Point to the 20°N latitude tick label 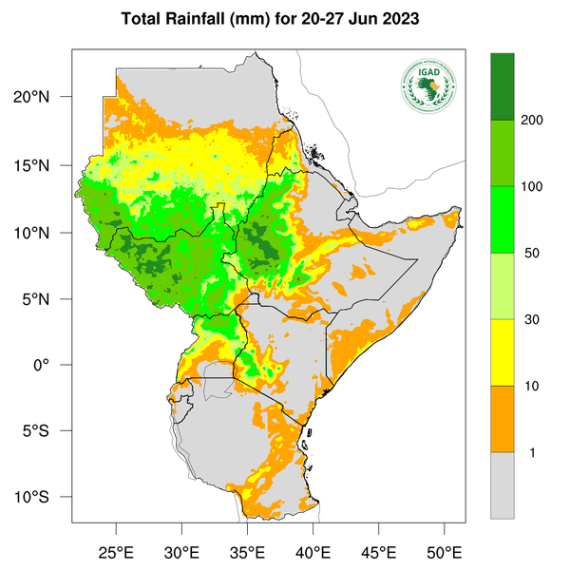click(44, 97)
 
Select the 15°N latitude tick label click(44, 165)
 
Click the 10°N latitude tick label click(44, 233)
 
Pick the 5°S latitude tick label click(47, 431)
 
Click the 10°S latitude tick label click(44, 498)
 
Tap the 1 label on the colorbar click(531, 452)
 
